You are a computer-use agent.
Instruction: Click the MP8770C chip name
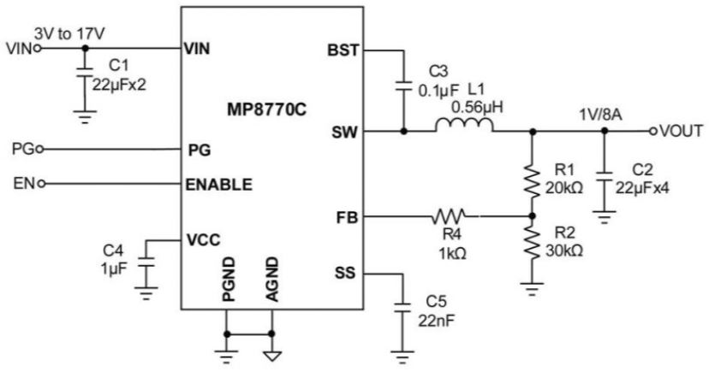point(266,109)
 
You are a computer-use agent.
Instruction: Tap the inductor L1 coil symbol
point(464,125)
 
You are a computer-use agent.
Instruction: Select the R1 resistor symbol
point(533,182)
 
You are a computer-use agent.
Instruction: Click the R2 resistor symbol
point(533,244)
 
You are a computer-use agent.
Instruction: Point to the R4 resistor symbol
point(448,216)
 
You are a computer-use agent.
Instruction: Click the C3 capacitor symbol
point(403,86)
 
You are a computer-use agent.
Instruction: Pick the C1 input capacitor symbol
point(84,72)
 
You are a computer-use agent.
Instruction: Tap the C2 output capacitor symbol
point(605,176)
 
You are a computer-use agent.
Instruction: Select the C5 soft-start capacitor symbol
point(402,308)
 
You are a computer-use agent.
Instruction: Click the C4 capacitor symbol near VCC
point(146,262)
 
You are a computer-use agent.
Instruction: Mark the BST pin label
point(343,50)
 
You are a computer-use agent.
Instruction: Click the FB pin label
point(348,217)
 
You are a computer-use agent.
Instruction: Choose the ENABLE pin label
point(219,185)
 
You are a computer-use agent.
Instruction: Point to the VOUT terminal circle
point(652,132)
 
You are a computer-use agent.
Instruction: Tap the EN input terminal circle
point(42,184)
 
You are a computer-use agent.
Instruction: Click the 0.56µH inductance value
point(477,108)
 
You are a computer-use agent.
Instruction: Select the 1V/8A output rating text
point(600,115)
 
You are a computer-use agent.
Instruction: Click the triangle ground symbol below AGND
point(271,356)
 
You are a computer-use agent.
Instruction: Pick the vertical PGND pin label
point(229,280)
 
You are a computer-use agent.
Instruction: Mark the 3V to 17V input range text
point(69,33)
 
